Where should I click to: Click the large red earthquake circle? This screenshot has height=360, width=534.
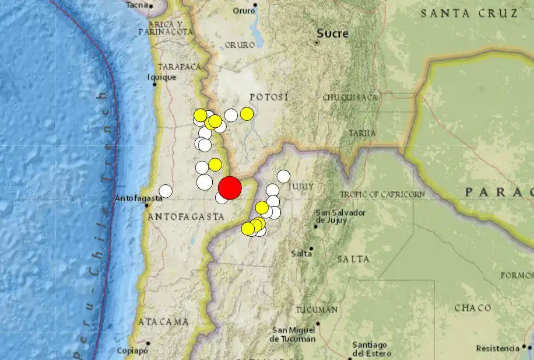(x=230, y=188)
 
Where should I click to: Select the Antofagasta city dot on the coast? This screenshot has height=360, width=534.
(x=146, y=205)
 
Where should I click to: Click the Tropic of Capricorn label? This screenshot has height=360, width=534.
(x=382, y=194)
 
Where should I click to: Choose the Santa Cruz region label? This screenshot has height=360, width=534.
(x=470, y=13)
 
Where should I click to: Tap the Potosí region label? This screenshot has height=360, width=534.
(x=269, y=97)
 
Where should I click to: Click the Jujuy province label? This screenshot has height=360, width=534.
(x=301, y=186)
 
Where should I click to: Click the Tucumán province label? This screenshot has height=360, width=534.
(x=317, y=309)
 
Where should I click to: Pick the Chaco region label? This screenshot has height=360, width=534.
(x=473, y=307)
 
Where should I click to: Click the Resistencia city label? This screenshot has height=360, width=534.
(x=497, y=349)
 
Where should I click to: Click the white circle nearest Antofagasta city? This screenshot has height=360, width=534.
(x=166, y=191)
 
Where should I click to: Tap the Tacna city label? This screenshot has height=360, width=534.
(x=136, y=5)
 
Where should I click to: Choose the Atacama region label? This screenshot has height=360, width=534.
(x=163, y=321)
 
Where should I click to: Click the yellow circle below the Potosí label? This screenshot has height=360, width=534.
(x=247, y=114)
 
